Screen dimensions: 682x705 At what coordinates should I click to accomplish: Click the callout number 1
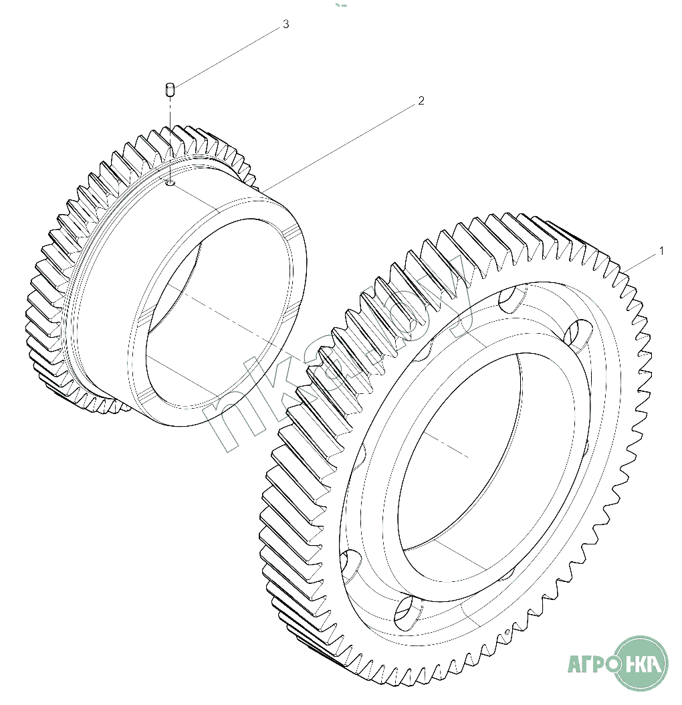click(661, 251)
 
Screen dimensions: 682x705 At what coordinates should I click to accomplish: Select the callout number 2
click(421, 101)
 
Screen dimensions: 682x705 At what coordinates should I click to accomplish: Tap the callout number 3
click(286, 25)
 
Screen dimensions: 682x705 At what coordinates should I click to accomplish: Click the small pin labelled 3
click(170, 89)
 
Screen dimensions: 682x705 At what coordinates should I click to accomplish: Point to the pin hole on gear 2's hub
click(170, 183)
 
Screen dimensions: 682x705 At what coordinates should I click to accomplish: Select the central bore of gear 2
click(214, 321)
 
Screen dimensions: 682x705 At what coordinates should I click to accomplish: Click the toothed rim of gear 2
click(53, 268)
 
